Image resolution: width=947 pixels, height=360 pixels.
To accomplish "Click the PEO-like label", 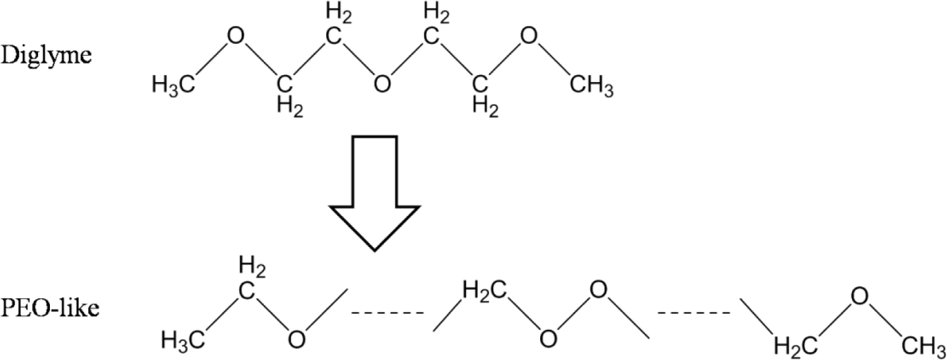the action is click(50, 308).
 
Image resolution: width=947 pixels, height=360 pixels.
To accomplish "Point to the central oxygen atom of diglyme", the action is click(382, 84).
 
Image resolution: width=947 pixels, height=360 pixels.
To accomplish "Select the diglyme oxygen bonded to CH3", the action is click(529, 37).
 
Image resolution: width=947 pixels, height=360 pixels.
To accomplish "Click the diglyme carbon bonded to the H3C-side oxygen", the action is click(285, 83).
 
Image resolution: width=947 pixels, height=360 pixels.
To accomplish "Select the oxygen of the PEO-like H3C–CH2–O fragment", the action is click(297, 338).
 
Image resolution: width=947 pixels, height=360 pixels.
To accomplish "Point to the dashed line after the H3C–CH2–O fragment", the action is click(388, 313).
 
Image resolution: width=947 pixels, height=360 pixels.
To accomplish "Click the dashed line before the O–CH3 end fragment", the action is click(694, 313).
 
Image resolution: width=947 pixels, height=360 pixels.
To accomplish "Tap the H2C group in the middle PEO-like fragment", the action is click(482, 287).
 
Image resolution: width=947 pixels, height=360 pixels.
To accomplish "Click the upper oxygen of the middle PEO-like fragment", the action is click(597, 287).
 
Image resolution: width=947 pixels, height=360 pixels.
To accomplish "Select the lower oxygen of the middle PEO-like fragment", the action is click(547, 338).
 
